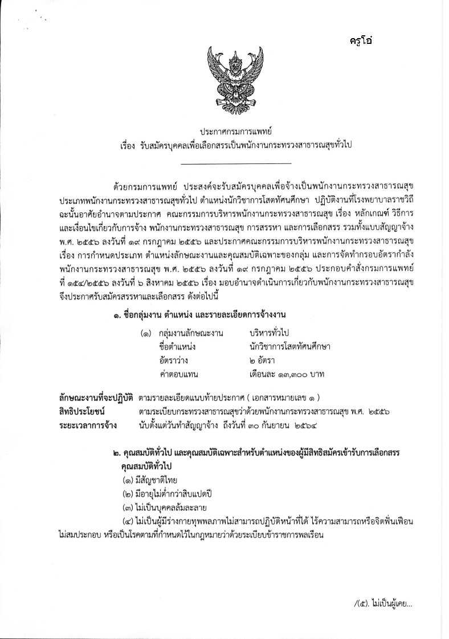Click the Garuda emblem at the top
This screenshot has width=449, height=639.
224,77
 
